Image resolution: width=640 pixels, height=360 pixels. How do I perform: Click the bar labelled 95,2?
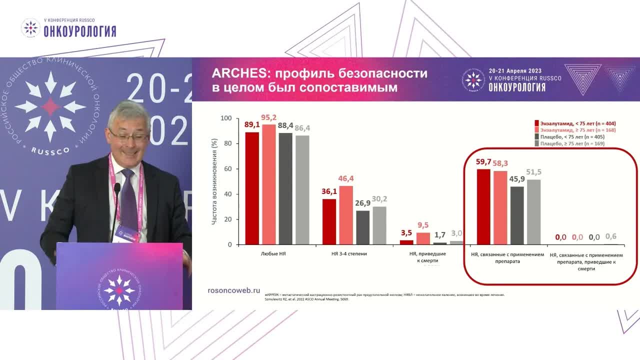269,184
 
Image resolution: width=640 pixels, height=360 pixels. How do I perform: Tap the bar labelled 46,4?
346,215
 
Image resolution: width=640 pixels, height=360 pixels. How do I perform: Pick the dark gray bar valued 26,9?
363,227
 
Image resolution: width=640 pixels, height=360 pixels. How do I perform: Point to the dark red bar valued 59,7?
483,207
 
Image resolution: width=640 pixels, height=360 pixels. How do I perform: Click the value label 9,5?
423,225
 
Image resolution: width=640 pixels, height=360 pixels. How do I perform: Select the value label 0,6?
610,237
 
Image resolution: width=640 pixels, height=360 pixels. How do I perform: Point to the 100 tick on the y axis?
226,118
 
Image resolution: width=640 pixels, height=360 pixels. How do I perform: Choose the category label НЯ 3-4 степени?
349,254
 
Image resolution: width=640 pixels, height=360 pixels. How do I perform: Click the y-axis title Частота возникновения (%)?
214,182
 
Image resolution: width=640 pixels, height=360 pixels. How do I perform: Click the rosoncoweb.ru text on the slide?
233,290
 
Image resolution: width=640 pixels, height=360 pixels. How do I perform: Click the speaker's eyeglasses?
128,135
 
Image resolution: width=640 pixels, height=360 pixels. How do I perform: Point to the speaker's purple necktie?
129,200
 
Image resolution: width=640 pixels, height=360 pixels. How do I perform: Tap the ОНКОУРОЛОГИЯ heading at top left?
80,31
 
